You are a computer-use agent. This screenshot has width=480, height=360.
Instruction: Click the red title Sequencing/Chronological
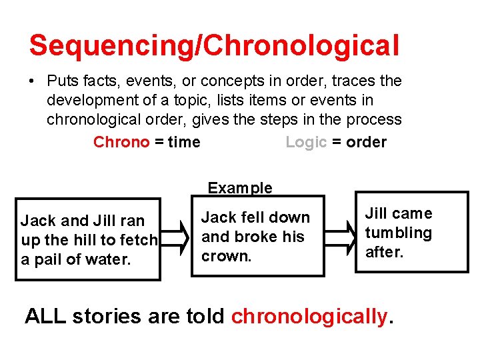[x=214, y=45]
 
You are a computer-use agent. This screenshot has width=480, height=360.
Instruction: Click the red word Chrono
[x=121, y=142]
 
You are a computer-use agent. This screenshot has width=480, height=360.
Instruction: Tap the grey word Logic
[x=306, y=142]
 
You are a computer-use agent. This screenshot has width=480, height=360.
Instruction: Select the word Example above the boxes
[x=240, y=188]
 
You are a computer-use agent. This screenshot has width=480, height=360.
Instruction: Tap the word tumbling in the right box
[x=398, y=233]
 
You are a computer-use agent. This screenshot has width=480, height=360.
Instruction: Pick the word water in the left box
[x=111, y=259]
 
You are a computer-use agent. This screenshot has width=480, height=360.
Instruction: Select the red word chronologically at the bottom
[x=309, y=316]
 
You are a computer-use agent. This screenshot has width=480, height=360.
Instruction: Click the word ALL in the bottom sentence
[x=45, y=316]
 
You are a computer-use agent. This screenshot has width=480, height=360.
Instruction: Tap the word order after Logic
[x=367, y=142]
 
